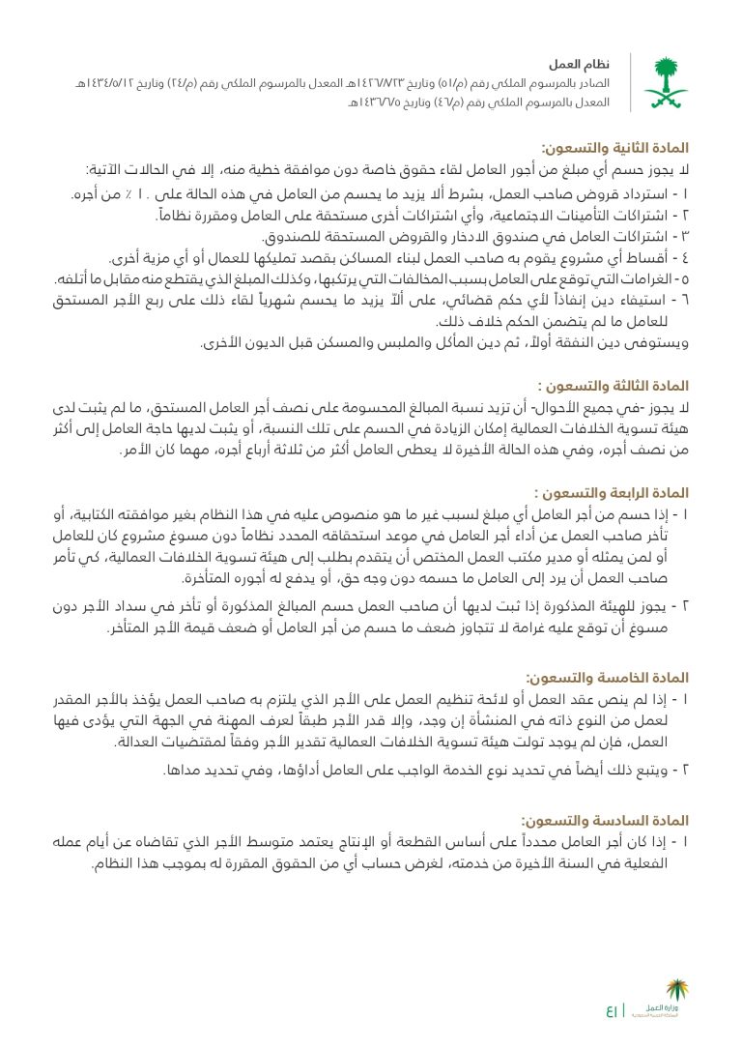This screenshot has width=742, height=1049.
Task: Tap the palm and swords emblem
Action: (666, 81)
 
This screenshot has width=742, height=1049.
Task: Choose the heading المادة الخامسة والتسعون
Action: (607, 679)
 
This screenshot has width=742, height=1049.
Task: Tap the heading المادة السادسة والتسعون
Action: (605, 819)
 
